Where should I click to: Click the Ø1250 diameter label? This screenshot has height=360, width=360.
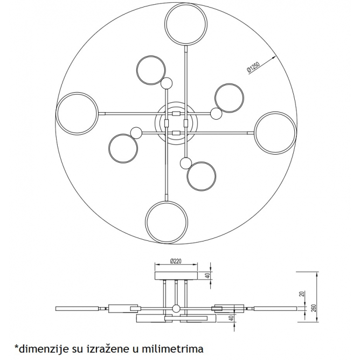click(x=253, y=67)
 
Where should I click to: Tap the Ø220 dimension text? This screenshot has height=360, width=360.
click(x=176, y=261)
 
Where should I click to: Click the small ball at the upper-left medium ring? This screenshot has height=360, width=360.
click(x=167, y=84)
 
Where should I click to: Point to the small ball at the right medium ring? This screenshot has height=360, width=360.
click(x=216, y=114)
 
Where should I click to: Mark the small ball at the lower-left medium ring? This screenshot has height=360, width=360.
click(x=136, y=133)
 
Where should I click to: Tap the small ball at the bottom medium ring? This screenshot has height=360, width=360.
click(x=186, y=163)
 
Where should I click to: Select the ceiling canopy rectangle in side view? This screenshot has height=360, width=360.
click(x=176, y=275)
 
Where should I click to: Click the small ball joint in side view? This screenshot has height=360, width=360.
click(x=176, y=309)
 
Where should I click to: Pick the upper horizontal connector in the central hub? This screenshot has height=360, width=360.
click(x=176, y=114)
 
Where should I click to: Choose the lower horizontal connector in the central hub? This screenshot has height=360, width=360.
click(x=176, y=133)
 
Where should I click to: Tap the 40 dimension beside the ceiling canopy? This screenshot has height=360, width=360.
click(x=208, y=275)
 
